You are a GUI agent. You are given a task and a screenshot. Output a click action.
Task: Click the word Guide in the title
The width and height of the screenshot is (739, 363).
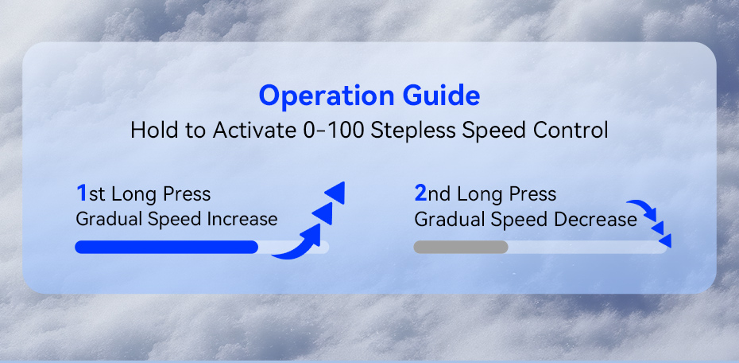coord(441,96)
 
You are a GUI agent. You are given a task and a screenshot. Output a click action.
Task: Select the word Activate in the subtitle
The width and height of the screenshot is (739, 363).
coord(254,131)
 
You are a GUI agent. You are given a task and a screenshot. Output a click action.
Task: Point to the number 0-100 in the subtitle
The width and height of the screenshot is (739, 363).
coord(332,131)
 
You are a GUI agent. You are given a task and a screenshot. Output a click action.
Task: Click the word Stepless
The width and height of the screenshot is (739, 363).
coord(412,131)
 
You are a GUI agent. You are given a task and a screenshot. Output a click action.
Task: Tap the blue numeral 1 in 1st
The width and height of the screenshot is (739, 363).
coord(82,193)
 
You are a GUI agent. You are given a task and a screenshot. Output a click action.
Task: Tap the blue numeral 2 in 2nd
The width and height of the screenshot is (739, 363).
coord(420,193)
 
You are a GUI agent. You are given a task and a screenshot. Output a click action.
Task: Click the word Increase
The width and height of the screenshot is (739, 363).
coord(242,219)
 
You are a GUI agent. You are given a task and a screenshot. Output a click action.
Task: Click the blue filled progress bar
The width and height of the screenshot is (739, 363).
coord(166,247)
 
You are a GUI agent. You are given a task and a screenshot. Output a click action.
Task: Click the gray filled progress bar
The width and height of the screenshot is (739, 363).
coord(460,247)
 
